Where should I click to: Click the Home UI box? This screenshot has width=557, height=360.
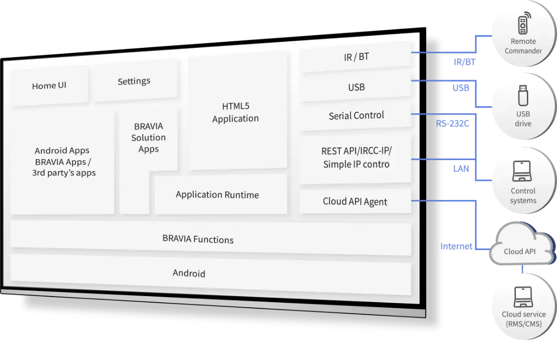click(x=49, y=86)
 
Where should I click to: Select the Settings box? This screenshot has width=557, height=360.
click(x=134, y=81)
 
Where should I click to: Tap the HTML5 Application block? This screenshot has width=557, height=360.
click(x=236, y=112)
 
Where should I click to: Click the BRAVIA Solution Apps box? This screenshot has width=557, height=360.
click(x=149, y=137)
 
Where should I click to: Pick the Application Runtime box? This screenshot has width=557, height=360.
click(x=218, y=194)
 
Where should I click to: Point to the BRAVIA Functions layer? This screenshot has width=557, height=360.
click(x=198, y=239)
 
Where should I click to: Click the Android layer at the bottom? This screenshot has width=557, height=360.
click(x=189, y=273)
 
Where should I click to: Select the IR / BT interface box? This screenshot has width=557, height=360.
click(x=356, y=57)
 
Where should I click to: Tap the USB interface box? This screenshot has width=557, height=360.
click(x=356, y=87)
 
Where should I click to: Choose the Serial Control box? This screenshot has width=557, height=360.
click(x=356, y=115)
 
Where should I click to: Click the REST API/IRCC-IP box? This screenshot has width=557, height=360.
click(x=356, y=157)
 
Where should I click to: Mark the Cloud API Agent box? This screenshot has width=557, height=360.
click(x=355, y=201)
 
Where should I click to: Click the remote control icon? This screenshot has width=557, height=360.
click(x=522, y=25)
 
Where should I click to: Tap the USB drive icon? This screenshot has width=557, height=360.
click(x=523, y=96)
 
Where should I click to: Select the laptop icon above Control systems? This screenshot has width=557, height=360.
click(x=523, y=171)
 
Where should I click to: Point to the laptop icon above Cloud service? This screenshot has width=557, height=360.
click(x=523, y=297)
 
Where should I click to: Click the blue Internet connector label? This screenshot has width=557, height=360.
click(x=456, y=246)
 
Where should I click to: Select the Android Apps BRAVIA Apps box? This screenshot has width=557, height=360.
click(x=62, y=161)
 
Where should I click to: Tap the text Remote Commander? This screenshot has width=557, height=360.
click(x=523, y=46)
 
